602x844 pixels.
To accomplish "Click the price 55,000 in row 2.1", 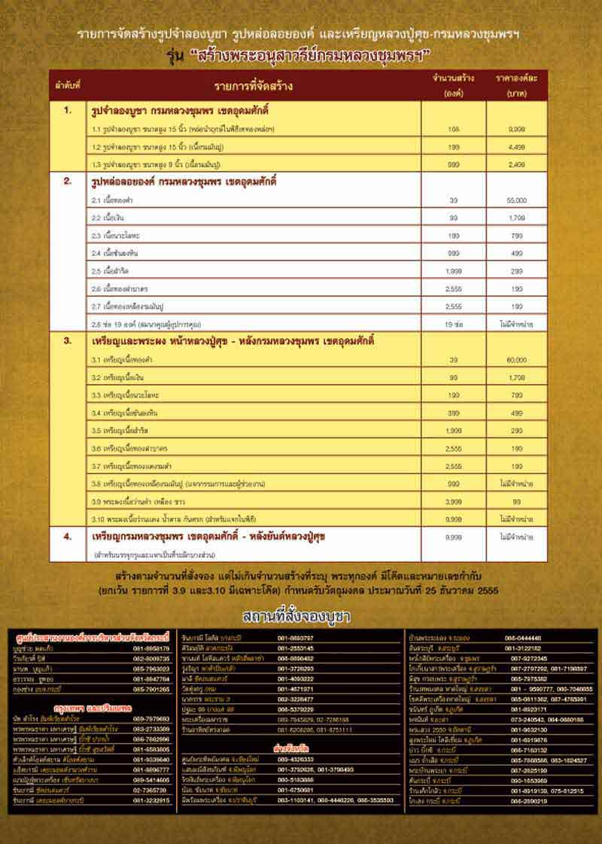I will point(517,201).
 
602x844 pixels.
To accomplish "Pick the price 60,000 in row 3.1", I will point(517,361).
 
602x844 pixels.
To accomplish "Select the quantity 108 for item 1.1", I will point(453,129).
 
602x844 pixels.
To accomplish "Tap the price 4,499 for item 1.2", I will point(517,147).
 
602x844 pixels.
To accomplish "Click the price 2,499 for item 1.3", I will point(517,163).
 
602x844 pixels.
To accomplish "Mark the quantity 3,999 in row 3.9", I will point(453,501).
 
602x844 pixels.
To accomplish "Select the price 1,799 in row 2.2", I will point(517,218).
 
